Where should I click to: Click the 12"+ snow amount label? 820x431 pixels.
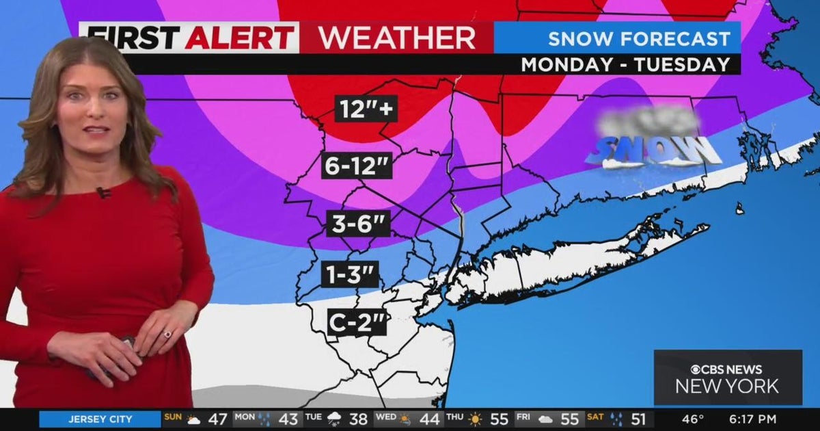click(x=366, y=108)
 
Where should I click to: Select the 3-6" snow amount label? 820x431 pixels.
click(x=357, y=223)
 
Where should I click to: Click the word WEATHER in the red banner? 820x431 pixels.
click(x=398, y=38)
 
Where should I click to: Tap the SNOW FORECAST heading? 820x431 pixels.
click(x=639, y=38)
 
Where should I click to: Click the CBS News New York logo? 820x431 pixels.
click(x=728, y=378)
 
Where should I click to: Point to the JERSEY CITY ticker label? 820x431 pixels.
click(x=100, y=419)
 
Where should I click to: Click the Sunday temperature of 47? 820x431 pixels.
click(x=217, y=419)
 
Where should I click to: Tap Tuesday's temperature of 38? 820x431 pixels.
click(x=359, y=419)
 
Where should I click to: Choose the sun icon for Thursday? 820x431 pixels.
click(x=475, y=419)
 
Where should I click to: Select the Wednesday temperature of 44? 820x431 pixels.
click(x=430, y=419)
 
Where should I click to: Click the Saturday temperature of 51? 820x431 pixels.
click(x=639, y=419)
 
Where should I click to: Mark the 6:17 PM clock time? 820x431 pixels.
click(x=753, y=419)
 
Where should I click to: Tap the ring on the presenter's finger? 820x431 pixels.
click(x=167, y=335)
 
